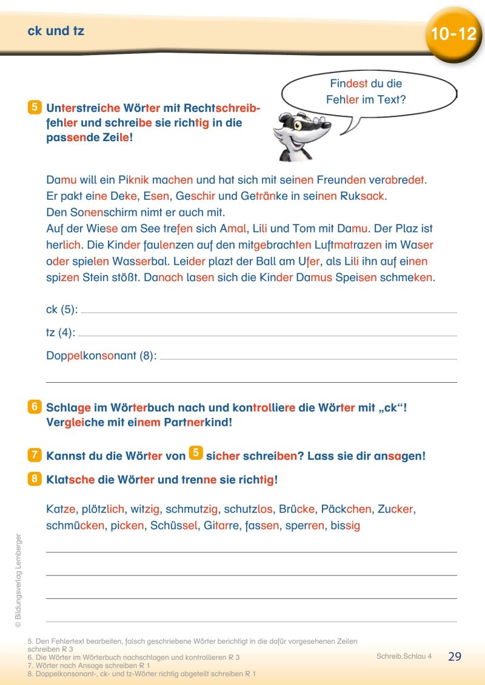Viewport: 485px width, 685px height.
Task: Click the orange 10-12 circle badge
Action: click(453, 35)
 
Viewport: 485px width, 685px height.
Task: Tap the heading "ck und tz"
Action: click(56, 31)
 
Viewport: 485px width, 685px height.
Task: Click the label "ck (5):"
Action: click(62, 309)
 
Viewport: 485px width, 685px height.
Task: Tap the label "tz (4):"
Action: click(61, 333)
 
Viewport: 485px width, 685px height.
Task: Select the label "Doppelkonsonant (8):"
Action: click(101, 356)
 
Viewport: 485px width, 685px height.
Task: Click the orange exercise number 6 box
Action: click(35, 408)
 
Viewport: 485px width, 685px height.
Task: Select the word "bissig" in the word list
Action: click(345, 526)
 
